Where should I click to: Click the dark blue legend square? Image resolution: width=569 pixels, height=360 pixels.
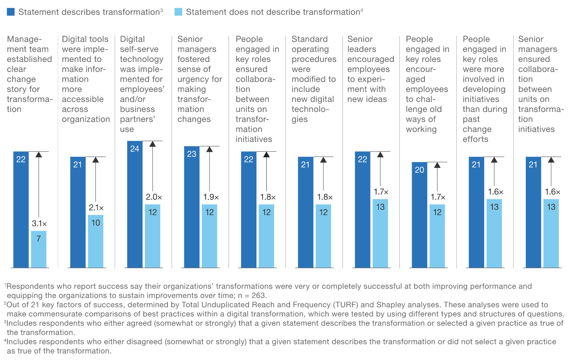coord(11,12)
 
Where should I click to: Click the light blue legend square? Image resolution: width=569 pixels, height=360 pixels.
coord(179,12)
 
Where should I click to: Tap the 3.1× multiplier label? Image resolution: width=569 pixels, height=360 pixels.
coord(39,223)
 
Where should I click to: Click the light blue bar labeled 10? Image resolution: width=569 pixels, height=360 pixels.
coord(95,241)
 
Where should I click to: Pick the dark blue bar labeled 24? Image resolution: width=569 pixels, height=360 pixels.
coord(135,204)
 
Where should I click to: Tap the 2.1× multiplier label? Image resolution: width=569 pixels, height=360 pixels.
coord(95,208)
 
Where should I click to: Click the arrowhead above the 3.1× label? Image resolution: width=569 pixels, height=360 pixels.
coord(39,154)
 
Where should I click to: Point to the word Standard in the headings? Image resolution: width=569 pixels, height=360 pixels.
coord(310,39)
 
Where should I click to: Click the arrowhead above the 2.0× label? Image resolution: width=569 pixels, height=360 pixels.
coord(153,144)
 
